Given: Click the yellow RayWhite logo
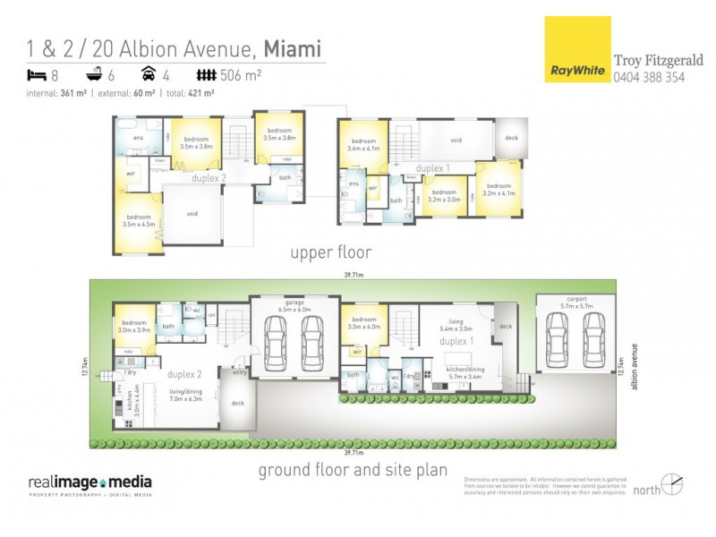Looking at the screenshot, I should point(576,50).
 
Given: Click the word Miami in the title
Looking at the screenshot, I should point(291,47).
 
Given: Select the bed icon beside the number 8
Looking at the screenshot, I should point(36,76).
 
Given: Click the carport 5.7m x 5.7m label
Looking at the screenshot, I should point(575,302).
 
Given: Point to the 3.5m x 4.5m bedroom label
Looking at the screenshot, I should point(138,220).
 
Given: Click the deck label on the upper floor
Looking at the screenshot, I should point(511,138).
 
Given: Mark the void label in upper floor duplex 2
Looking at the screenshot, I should point(192,214).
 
